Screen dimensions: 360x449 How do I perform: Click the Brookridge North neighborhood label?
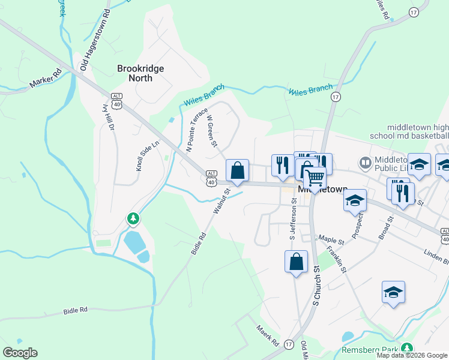[x=140, y=74]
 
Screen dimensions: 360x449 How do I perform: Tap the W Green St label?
[x=211, y=131]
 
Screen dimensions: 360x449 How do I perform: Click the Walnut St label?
[x=221, y=202]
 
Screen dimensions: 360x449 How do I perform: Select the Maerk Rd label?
[x=267, y=335]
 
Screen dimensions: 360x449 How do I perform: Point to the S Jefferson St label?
[x=293, y=220]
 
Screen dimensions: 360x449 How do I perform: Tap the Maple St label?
[x=331, y=241]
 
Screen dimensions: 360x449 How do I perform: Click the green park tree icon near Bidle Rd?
[x=133, y=219]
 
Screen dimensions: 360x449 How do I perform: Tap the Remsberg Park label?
[x=370, y=349]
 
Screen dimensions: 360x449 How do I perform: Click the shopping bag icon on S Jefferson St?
[x=296, y=262]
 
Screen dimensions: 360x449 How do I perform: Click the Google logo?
[x=20, y=353]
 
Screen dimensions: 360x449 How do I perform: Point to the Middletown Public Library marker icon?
[x=364, y=162]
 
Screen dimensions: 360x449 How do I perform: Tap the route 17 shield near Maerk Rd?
[x=289, y=344]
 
